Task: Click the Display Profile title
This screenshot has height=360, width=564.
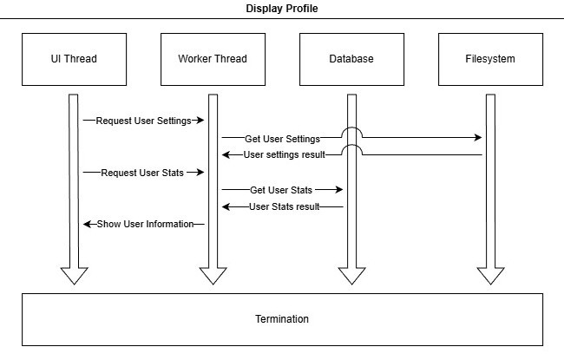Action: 282,9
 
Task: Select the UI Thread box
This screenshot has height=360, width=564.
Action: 74,59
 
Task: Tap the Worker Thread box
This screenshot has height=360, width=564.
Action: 213,59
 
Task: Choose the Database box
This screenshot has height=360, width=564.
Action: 351,59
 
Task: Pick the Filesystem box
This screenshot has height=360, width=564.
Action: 490,59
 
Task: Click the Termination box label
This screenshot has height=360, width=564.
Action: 282,319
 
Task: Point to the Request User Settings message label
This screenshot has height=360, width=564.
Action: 143,121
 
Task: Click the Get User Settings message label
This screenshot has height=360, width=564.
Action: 282,138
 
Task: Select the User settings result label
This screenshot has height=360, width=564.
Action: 284,155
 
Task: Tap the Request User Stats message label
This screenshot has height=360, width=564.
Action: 142,173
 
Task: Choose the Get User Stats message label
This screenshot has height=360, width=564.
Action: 281,190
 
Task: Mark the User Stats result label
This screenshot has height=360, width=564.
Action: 284,207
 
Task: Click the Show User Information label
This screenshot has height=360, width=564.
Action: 145,225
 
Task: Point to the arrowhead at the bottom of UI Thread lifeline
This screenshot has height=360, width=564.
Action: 74,276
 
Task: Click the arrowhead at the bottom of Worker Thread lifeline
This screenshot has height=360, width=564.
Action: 213,276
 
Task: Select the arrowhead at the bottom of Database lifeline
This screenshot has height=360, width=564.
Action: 351,276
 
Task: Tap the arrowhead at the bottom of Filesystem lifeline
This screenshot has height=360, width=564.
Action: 490,276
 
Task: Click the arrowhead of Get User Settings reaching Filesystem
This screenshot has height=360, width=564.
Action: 478,138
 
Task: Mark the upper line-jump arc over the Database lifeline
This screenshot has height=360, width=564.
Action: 351,132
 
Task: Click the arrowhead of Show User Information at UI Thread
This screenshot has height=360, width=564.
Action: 87,225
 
